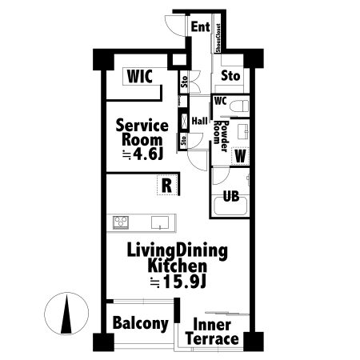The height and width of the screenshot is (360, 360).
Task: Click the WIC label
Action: [140, 76]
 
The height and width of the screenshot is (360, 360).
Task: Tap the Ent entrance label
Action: [201, 26]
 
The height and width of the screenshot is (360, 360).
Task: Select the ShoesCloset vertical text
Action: [218, 38]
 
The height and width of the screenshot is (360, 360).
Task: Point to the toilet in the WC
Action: [239, 106]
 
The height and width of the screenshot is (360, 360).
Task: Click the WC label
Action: [220, 101]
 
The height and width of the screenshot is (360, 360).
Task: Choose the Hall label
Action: [199, 121]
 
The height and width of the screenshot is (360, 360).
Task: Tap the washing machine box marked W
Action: [240, 156]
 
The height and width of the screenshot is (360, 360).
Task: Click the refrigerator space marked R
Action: [167, 185]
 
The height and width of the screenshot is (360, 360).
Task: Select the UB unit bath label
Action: [231, 196]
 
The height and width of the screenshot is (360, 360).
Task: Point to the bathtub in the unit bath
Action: [230, 206]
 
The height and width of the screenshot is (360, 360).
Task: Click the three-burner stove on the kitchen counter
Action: [121, 222]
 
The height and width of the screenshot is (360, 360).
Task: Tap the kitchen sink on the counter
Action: [160, 222]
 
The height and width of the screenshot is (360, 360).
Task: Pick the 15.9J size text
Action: [178, 282]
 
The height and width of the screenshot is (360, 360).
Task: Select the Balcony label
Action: [141, 323]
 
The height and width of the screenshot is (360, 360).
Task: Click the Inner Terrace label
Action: [212, 332]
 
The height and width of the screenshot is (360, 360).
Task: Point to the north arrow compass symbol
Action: [66, 314]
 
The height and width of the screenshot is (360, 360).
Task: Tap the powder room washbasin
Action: [243, 132]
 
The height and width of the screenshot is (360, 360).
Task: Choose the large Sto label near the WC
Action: [230, 76]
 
